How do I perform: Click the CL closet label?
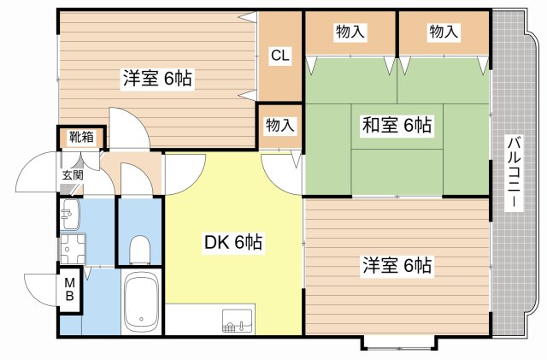coord(280,56)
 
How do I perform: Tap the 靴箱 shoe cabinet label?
coord(81,137)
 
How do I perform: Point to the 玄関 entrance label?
coord(73,175)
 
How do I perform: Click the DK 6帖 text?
coord(233,242)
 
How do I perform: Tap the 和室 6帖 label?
coord(397,124)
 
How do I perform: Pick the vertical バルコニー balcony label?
coord(514,173)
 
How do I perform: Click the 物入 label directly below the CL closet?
coord(279,125)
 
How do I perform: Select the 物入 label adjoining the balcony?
coord(444,32)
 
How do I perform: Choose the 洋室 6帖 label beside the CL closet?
coord(157,78)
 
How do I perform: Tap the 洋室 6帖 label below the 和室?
coord(397,265)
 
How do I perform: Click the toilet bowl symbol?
coord(139,250)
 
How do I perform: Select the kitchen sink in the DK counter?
coord(238,320)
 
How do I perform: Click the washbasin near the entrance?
coord(70,214)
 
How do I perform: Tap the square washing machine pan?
coord(73,249)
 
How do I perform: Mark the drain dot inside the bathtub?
coord(141,319)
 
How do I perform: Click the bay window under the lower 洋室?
coord(399,343)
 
